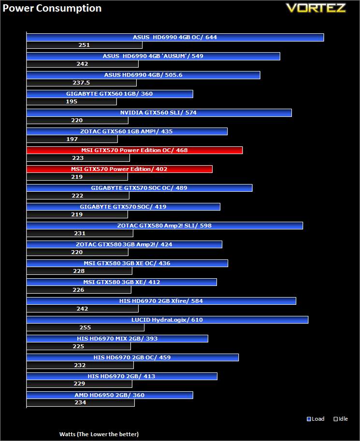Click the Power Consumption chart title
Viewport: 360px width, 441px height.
pyautogui.click(x=52, y=8)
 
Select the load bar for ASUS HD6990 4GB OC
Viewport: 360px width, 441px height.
pyautogui.click(x=174, y=37)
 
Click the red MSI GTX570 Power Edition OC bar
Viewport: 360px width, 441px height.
pyautogui.click(x=134, y=150)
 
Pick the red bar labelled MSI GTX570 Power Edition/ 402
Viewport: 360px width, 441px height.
pyautogui.click(x=119, y=169)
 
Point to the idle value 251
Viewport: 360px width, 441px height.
pyautogui.click(x=84, y=45)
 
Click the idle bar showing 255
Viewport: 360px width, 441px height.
pyautogui.click(x=85, y=327)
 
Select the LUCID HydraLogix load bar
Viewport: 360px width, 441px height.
pyautogui.click(x=167, y=320)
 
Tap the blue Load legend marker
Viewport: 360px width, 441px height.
pyautogui.click(x=309, y=419)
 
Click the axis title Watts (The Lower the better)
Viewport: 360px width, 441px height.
pyautogui.click(x=99, y=434)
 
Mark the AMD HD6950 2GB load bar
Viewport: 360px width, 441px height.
pyautogui.click(x=110, y=395)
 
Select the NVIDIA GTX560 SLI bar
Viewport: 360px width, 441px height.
pyautogui.click(x=159, y=113)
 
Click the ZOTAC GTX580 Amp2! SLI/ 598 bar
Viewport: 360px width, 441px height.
pyautogui.click(x=164, y=226)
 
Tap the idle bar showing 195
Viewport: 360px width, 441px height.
pyautogui.click(x=72, y=101)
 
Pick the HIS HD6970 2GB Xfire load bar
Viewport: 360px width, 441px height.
pyautogui.click(x=161, y=301)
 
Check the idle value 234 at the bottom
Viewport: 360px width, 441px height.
pyautogui.click(x=80, y=403)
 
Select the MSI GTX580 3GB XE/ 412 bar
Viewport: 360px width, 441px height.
pyautogui.click(x=121, y=282)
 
